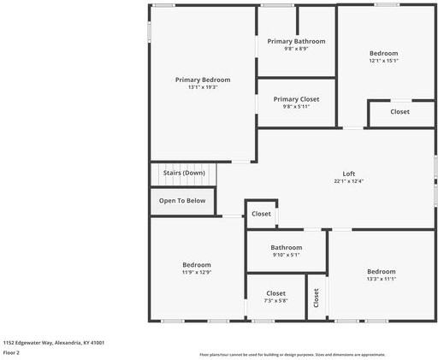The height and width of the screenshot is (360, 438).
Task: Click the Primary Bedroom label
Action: pyautogui.click(x=203, y=80)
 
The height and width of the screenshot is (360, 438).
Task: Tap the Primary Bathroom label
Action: pyautogui.click(x=296, y=41)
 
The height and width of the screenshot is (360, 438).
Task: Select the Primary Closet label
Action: pyautogui.click(x=295, y=99)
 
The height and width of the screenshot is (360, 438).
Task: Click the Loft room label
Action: pyautogui.click(x=348, y=174)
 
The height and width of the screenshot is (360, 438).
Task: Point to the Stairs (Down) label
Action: pyautogui.click(x=184, y=173)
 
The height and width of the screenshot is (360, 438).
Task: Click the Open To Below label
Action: pyautogui.click(x=182, y=201)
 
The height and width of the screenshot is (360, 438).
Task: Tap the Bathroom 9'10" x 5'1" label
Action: pyautogui.click(x=286, y=247)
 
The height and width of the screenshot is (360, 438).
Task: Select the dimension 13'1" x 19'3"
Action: pyautogui.click(x=203, y=87)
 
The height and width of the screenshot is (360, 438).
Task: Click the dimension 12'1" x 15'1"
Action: pyautogui.click(x=383, y=61)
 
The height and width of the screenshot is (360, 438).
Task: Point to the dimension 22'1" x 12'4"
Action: pyautogui.click(x=348, y=181)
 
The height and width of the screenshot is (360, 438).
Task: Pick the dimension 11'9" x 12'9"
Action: pyautogui.click(x=196, y=273)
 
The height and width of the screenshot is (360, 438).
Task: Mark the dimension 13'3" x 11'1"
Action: pyautogui.click(x=381, y=279)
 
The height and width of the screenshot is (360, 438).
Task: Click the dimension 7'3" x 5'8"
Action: pyautogui.click(x=275, y=300)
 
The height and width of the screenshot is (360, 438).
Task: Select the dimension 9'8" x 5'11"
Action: pyautogui.click(x=295, y=107)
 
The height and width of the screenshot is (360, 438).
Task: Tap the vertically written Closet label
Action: pyautogui.click(x=316, y=298)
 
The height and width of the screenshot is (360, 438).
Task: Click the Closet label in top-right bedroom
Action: pyautogui.click(x=400, y=112)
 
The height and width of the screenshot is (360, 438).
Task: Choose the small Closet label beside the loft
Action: pyautogui.click(x=261, y=214)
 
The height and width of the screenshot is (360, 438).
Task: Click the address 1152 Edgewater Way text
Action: pyautogui.click(x=53, y=342)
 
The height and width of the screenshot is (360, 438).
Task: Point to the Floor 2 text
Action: pyautogui.click(x=11, y=352)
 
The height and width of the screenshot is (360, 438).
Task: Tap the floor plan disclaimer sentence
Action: pyautogui.click(x=292, y=354)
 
